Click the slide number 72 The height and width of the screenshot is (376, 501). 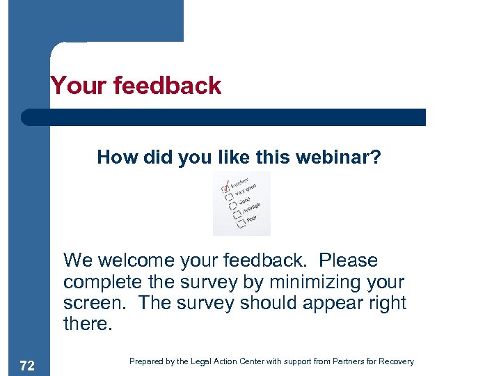26,366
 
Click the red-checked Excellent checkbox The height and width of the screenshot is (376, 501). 224,188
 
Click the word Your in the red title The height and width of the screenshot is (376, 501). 74,86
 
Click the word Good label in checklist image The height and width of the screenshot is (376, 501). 245,201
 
